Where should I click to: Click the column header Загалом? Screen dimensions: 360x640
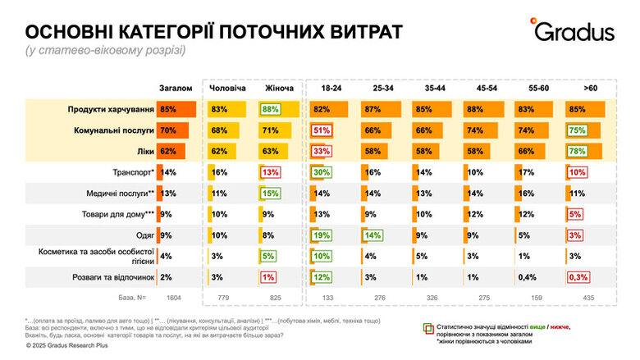tap(176, 88)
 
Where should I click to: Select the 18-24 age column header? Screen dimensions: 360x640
tap(332, 88)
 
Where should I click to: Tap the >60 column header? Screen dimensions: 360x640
tap(590, 88)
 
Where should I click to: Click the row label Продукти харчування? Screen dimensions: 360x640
tap(112, 109)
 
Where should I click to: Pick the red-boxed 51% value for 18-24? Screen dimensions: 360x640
tap(321, 130)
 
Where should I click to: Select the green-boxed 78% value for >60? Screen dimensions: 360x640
tap(578, 151)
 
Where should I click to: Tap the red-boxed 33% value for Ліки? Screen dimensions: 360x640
tap(321, 151)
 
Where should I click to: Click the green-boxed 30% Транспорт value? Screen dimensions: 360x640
tap(321, 171)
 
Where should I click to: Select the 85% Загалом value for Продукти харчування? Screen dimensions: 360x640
tap(169, 109)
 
